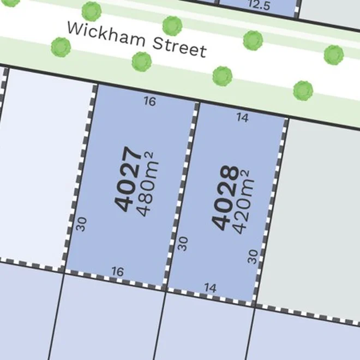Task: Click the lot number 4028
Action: (x=225, y=197)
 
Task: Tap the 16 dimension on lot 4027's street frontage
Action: (x=149, y=101)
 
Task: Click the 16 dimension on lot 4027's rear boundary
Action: (x=117, y=271)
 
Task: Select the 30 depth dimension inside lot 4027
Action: (x=82, y=224)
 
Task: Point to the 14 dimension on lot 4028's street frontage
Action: (x=243, y=117)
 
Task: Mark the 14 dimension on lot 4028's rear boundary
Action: (x=211, y=287)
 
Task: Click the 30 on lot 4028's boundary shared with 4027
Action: (x=183, y=243)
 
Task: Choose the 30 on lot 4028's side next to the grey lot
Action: (x=253, y=256)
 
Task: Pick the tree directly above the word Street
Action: (x=172, y=25)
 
